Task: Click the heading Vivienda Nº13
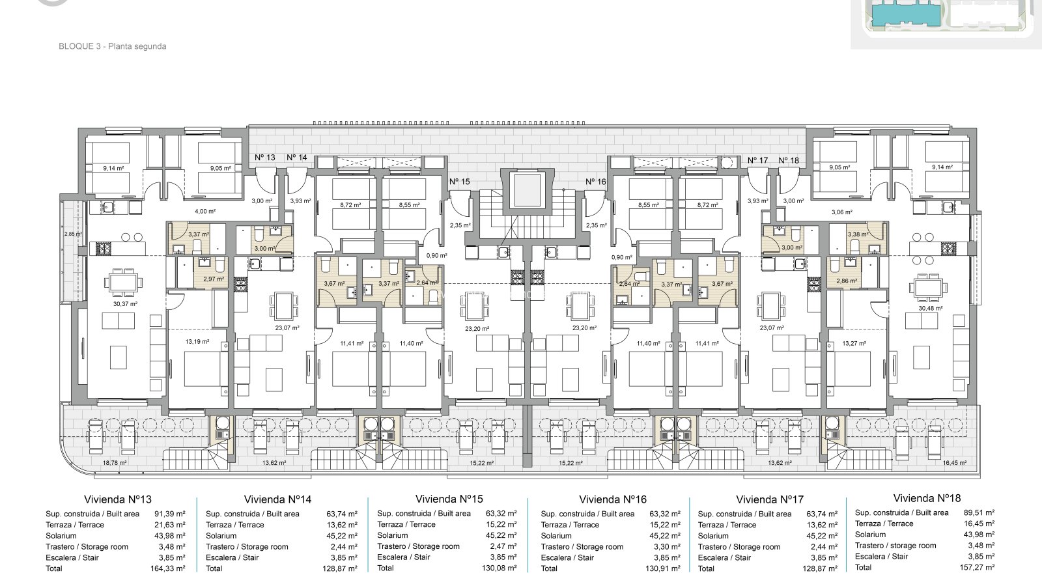click(118, 499)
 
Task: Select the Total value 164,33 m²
click(168, 568)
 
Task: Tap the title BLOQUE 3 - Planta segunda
click(113, 46)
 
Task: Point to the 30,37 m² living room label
click(125, 304)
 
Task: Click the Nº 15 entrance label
click(460, 182)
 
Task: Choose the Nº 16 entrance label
click(596, 182)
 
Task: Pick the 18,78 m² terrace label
click(115, 463)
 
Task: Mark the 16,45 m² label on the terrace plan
click(955, 463)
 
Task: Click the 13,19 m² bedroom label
click(197, 342)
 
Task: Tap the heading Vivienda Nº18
click(927, 499)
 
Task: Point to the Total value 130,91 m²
click(663, 568)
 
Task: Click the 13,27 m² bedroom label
click(854, 344)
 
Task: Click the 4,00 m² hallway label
click(205, 212)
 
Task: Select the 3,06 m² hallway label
click(842, 212)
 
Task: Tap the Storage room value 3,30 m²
click(667, 547)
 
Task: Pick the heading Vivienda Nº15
click(449, 499)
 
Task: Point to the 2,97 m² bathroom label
click(214, 279)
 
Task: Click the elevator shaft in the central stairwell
click(528, 190)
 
